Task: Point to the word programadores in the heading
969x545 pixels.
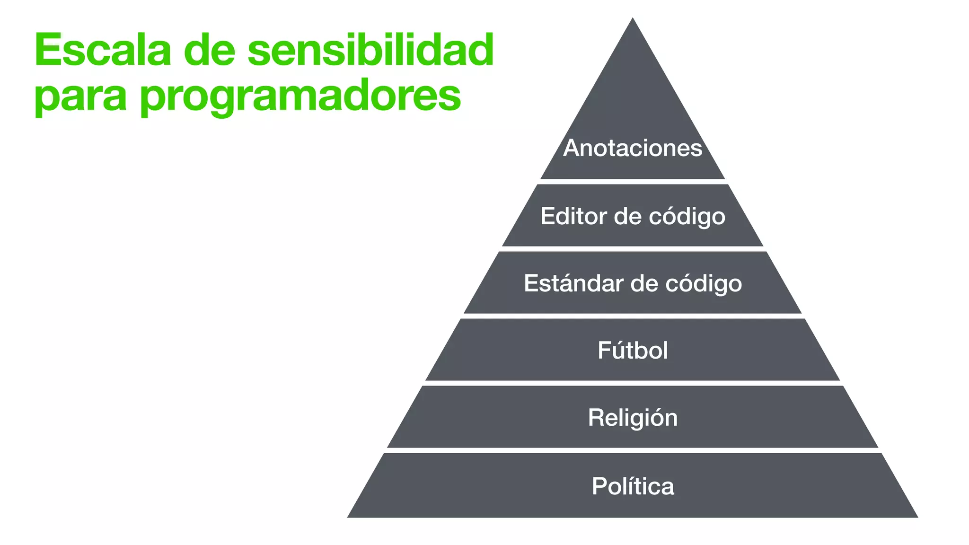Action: [300, 97]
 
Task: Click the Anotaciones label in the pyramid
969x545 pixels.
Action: [633, 148]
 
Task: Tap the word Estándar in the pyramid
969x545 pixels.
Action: [574, 283]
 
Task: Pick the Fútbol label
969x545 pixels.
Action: [633, 351]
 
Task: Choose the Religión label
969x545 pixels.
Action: [633, 418]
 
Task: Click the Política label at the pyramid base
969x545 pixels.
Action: [633, 486]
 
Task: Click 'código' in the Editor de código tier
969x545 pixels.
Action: [687, 216]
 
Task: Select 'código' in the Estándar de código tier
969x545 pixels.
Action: [704, 283]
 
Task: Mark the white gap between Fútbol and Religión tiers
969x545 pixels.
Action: [633, 383]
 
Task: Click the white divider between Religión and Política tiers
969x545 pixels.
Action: [633, 450]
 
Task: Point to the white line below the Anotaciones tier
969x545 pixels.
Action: [633, 182]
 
